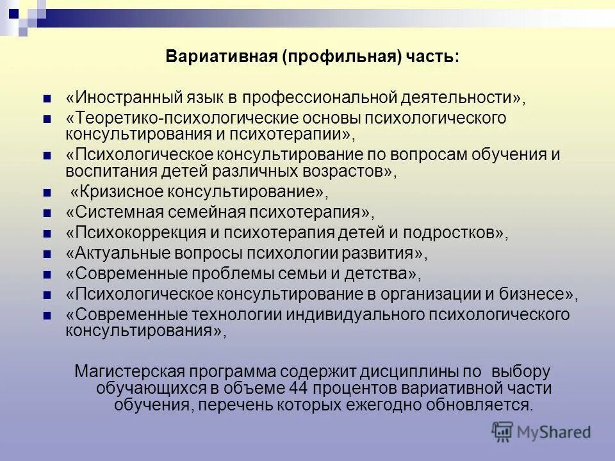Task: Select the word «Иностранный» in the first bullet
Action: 120,98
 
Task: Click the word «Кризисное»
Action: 118,191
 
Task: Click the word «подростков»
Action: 459,233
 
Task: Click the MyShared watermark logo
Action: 541,432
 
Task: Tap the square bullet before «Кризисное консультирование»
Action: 46,193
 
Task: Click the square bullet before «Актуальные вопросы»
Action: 46,255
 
